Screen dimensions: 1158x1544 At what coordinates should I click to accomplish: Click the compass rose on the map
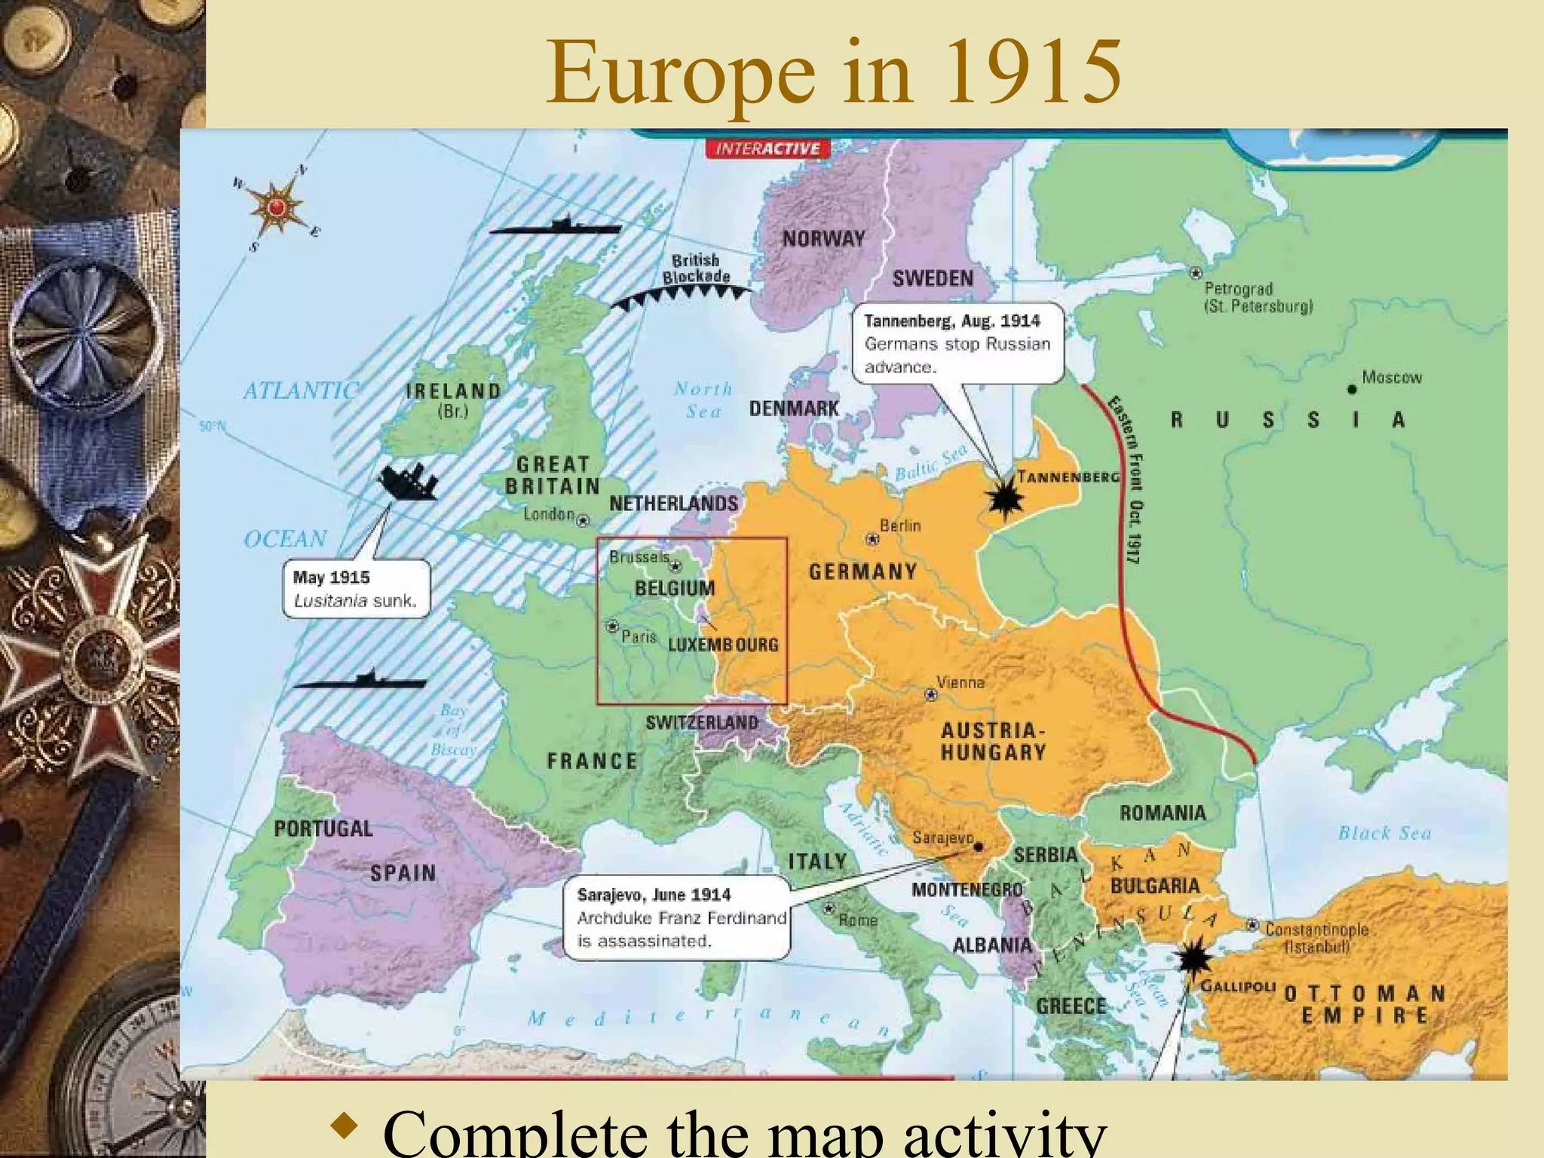[x=276, y=207]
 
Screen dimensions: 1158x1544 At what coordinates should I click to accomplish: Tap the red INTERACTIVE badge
[x=767, y=149]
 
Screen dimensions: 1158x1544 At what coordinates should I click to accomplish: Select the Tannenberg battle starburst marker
[x=1005, y=498]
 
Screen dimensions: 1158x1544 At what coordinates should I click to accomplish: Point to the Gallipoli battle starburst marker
[x=1193, y=959]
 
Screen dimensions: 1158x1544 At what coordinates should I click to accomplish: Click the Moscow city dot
[x=1352, y=389]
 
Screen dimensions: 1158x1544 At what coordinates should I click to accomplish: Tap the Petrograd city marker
[x=1195, y=273]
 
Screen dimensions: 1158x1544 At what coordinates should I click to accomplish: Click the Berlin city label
[x=900, y=525]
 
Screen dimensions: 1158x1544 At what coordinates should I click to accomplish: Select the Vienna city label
[x=960, y=682]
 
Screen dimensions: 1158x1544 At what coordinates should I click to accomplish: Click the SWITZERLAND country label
[x=702, y=722]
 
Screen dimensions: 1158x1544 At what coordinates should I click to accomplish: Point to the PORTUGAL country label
[x=323, y=829]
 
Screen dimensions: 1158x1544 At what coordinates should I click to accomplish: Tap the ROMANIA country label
[x=1163, y=813]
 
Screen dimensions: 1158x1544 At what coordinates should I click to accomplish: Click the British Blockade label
[x=696, y=268]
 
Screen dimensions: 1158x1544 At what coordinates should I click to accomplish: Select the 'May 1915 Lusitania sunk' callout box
[x=356, y=589]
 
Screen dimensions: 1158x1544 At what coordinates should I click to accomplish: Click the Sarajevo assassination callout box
[x=676, y=918]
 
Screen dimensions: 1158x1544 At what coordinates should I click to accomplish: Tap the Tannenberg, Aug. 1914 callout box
[x=957, y=344]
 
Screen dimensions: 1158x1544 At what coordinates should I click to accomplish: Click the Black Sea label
[x=1384, y=833]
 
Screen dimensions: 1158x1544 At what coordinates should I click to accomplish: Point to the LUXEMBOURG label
[x=723, y=645]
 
